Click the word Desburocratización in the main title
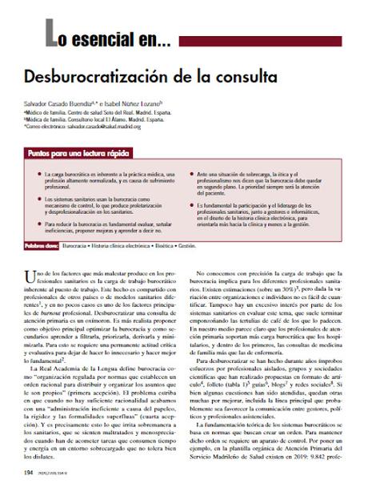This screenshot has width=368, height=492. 109,79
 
